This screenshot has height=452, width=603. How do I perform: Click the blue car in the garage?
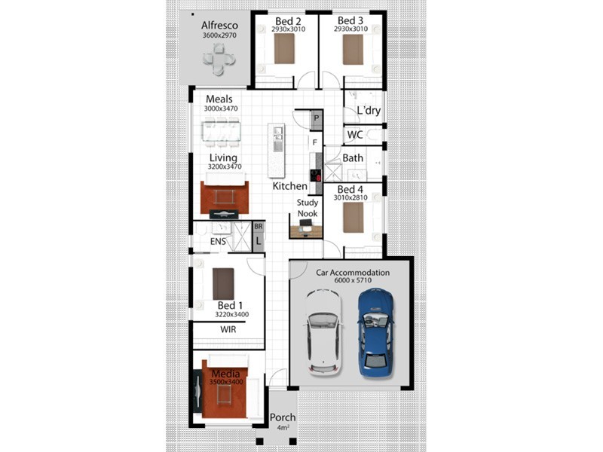(375, 332)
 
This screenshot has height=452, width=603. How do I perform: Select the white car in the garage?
(324, 332)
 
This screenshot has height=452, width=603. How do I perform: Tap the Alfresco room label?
(219, 26)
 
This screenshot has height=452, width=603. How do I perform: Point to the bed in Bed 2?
(284, 48)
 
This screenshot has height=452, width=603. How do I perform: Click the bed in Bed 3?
(353, 50)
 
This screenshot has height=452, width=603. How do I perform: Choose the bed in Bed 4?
(353, 218)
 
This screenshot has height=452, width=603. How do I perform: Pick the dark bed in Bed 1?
(223, 284)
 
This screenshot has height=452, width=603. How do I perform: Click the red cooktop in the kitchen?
(316, 176)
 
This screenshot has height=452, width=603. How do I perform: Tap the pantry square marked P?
(317, 118)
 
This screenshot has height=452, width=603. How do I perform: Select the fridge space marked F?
(315, 142)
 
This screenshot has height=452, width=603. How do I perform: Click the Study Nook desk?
(306, 231)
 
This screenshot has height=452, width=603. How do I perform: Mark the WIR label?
(228, 329)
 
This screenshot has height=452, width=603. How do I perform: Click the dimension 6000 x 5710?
(353, 280)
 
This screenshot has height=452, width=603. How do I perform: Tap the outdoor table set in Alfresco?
(219, 60)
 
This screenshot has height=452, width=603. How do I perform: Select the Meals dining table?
(221, 132)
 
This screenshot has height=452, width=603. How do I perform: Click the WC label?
(354, 135)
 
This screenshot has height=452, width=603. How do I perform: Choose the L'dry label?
(369, 111)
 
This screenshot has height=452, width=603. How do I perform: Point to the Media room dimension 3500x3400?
(226, 382)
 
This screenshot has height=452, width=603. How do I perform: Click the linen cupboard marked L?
(259, 241)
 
